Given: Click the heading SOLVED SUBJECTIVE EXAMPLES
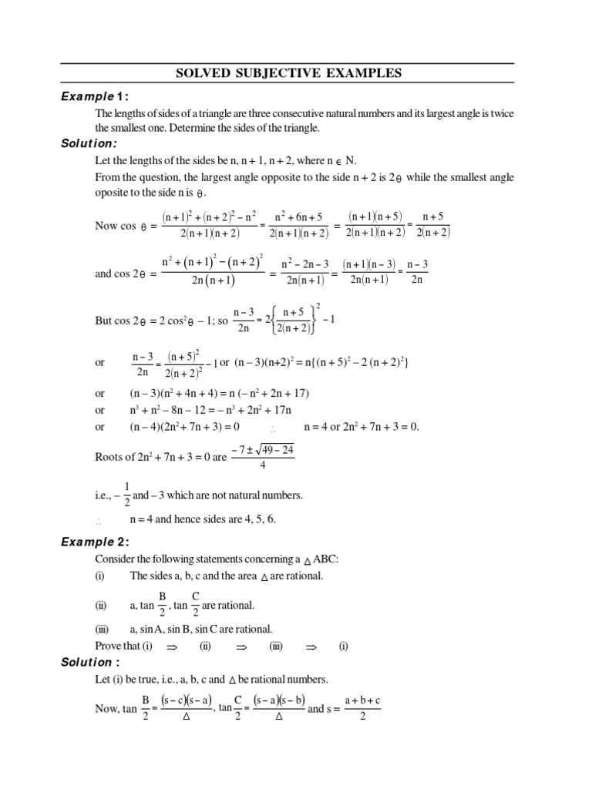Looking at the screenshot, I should click(289, 74).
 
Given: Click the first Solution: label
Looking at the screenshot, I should click(89, 143).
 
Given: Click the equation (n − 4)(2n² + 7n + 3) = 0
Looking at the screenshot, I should click(184, 427).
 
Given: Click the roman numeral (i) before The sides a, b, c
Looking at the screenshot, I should click(100, 576).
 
